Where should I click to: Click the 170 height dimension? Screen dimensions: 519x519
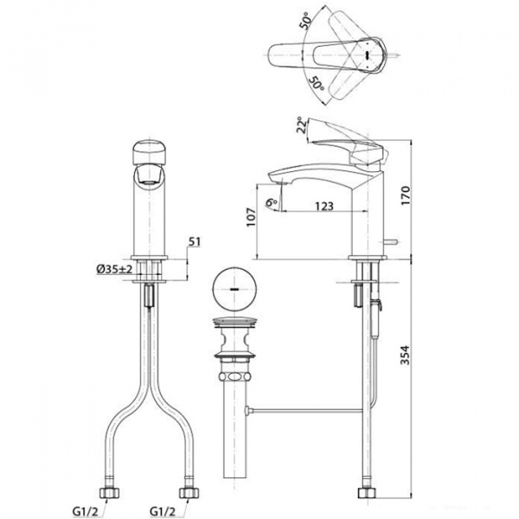(x=406, y=195)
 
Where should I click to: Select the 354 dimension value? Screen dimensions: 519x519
(x=406, y=356)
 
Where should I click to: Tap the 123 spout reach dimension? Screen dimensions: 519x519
(x=324, y=206)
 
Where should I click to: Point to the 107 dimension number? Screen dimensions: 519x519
(x=251, y=217)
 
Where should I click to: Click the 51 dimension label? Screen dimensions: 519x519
(x=195, y=241)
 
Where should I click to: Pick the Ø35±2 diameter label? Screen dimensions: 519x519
(x=114, y=269)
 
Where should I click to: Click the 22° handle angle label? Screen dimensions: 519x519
(x=301, y=125)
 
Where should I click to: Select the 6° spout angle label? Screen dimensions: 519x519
(x=272, y=202)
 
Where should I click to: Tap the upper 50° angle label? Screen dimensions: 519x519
(x=305, y=21)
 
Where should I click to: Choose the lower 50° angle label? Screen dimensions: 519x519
(x=316, y=84)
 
